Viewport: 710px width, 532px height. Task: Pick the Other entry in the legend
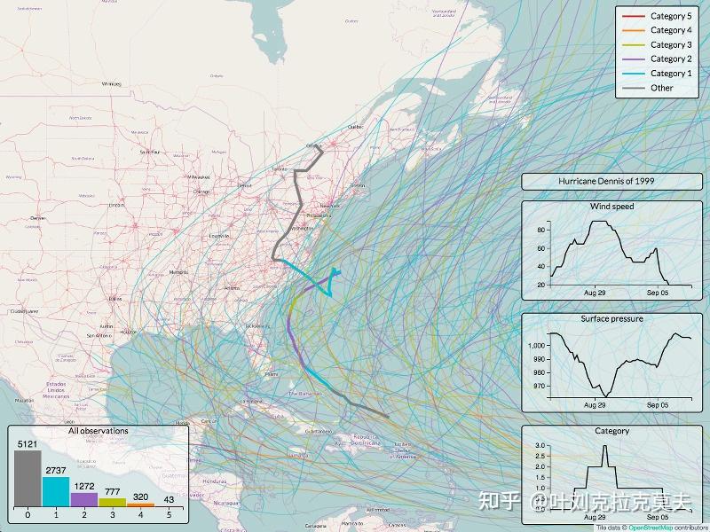click(661, 87)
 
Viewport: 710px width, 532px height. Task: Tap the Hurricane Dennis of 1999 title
click(611, 182)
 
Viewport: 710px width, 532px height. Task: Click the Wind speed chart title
click(611, 207)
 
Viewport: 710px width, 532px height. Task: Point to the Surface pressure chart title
click(611, 318)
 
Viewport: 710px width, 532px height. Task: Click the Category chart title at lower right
click(611, 431)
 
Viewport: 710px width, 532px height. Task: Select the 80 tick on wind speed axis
click(540, 230)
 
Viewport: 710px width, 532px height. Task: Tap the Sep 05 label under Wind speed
click(658, 292)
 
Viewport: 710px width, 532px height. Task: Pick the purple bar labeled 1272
click(84, 499)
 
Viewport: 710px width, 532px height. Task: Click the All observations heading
click(99, 431)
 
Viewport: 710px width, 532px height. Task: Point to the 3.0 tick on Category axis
click(540, 446)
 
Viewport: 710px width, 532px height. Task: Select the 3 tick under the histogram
click(113, 514)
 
